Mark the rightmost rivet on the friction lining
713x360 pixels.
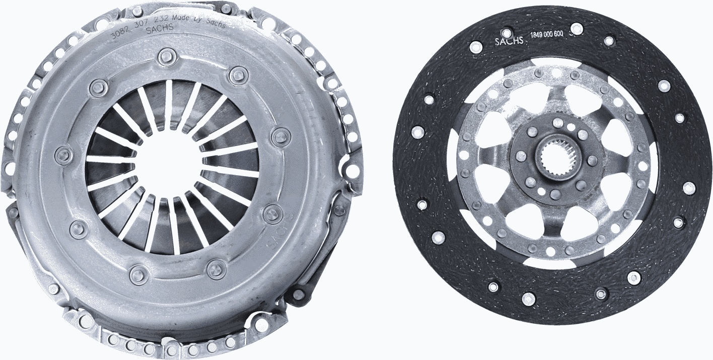[x=688, y=188]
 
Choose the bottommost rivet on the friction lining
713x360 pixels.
[x=528, y=299]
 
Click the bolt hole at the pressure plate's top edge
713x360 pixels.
[x=226, y=9]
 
